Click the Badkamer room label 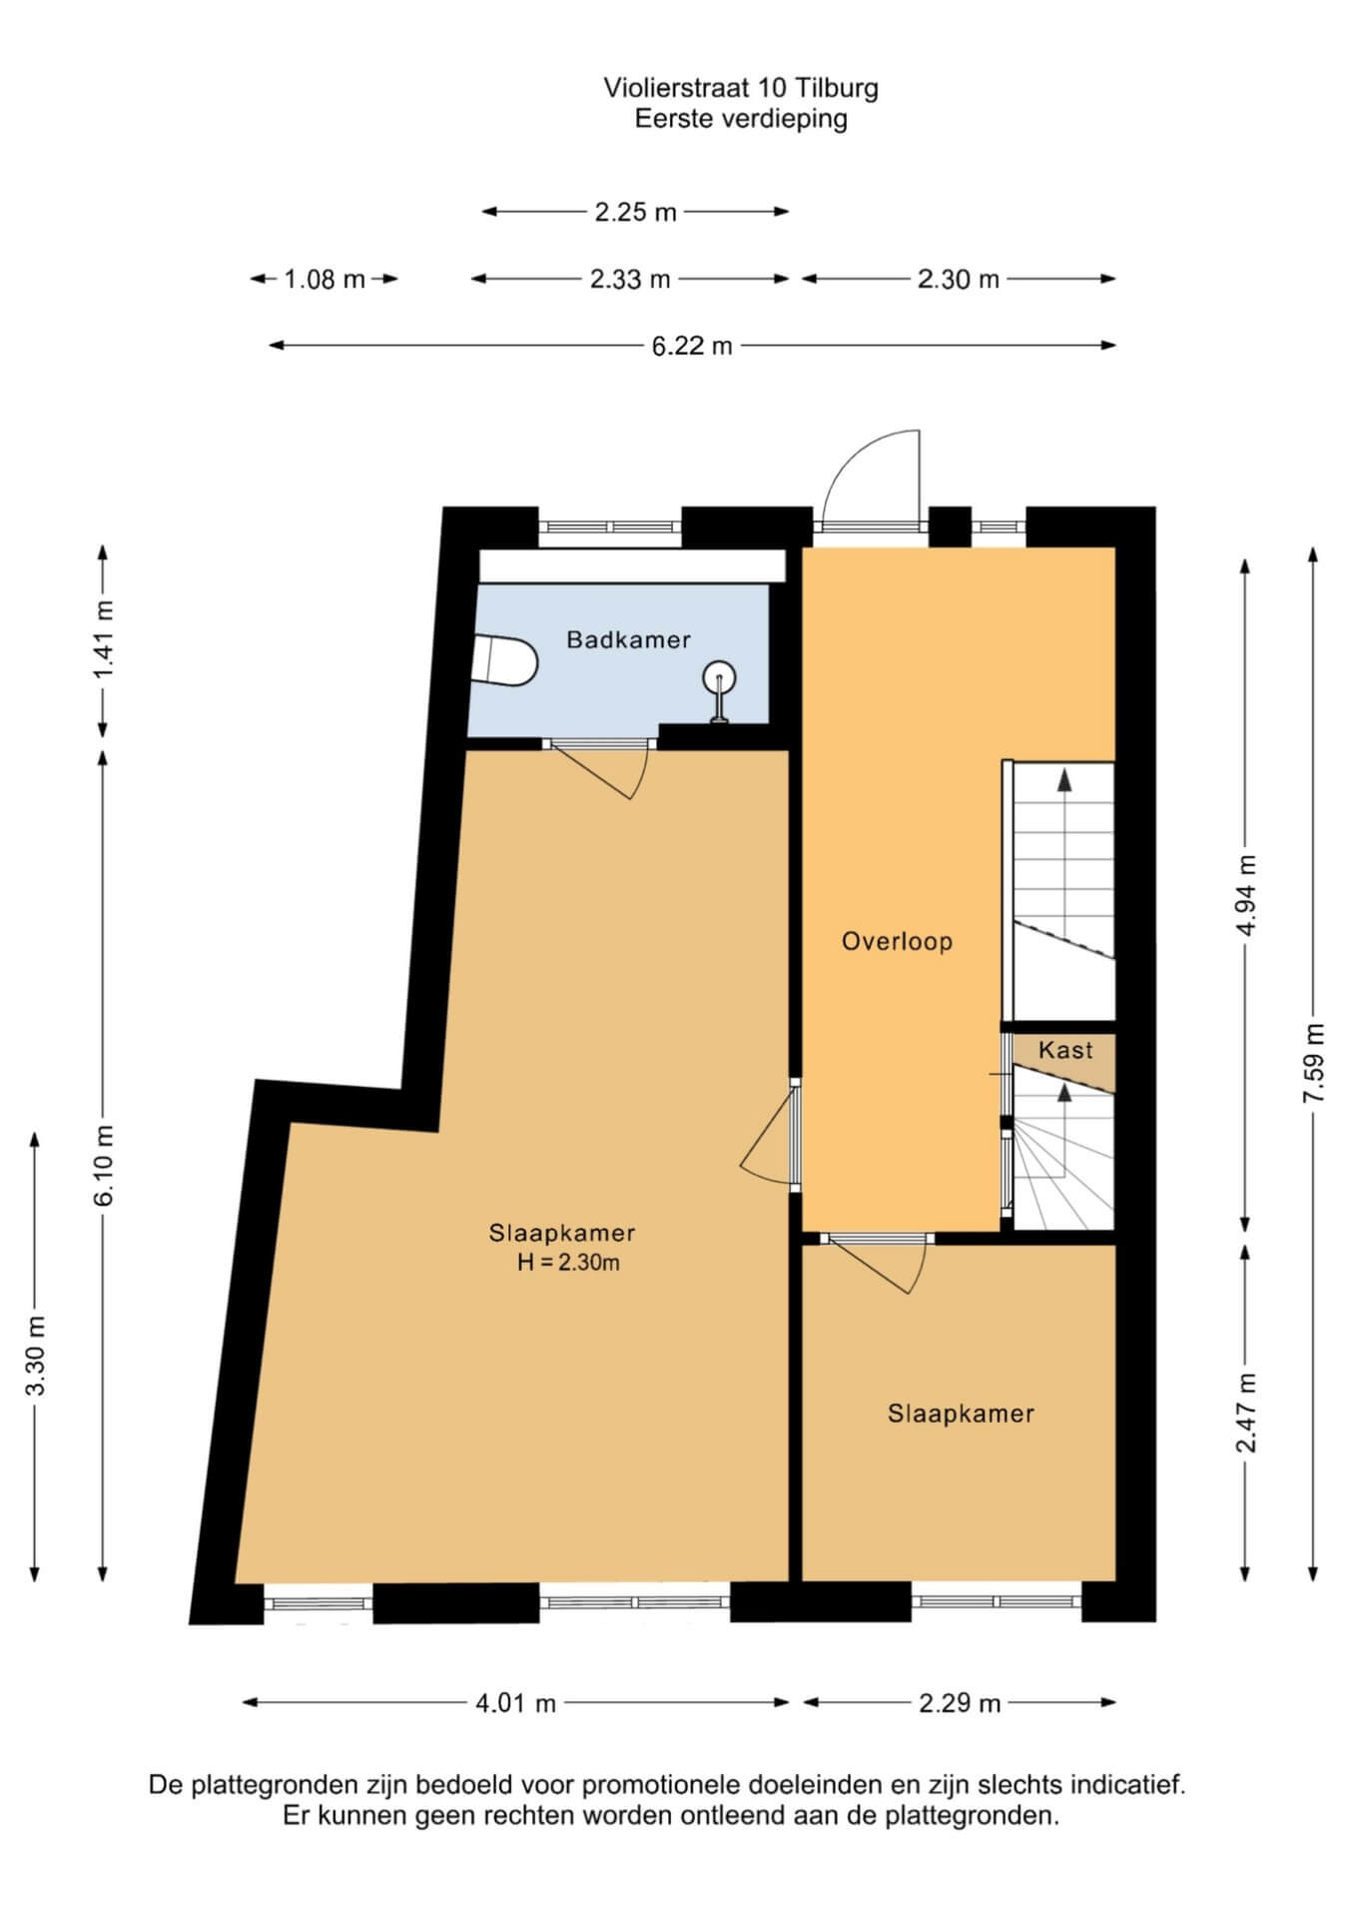coord(628,639)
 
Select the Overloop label coord(897,941)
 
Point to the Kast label coord(1065,1050)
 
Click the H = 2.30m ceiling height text coord(568,1263)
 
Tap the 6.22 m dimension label coord(692,346)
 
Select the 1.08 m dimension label coord(325,280)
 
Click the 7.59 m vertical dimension coord(1313,1063)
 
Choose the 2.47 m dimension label coord(1245,1413)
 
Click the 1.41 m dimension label coord(104,639)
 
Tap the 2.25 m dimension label coord(636,212)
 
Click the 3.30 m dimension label coord(36,1356)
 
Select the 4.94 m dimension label coord(1245,895)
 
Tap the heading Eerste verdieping coord(741,119)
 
